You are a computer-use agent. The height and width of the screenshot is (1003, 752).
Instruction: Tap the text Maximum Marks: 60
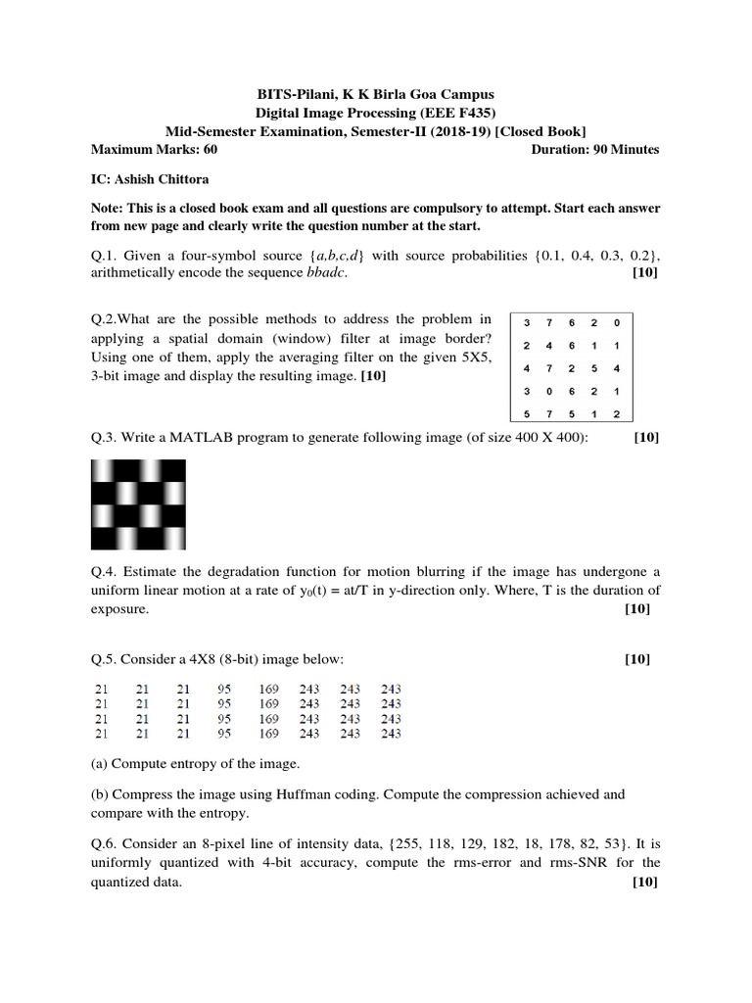(x=154, y=150)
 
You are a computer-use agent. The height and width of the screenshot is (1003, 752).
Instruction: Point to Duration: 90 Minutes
(x=594, y=150)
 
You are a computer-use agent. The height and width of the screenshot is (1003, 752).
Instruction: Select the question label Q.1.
(x=102, y=256)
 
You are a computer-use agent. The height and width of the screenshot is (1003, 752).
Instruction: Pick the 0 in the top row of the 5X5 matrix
(x=615, y=322)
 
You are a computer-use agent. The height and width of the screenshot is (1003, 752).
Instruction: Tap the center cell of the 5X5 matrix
(x=571, y=368)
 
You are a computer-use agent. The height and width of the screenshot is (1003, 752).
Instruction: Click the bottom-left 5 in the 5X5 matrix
(x=527, y=413)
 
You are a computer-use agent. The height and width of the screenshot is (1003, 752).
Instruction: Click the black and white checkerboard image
(x=138, y=504)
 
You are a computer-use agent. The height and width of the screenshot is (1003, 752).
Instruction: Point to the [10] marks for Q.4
(x=636, y=608)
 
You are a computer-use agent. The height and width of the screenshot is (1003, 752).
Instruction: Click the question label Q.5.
(x=102, y=658)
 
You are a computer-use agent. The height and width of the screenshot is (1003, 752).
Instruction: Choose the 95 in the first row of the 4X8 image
(x=224, y=689)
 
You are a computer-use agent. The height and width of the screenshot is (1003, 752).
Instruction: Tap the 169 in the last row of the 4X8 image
(x=269, y=732)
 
